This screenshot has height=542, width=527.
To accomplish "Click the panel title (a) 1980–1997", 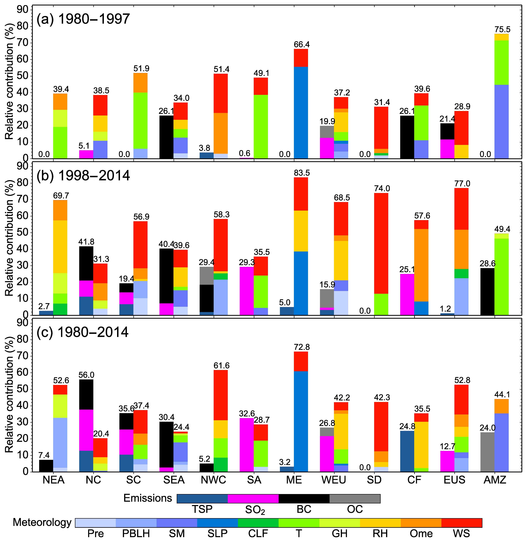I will [83, 19].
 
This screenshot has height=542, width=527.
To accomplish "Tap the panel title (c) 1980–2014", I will [82, 332].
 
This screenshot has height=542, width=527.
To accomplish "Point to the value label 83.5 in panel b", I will [302, 173].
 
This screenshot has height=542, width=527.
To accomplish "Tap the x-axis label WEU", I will [334, 480].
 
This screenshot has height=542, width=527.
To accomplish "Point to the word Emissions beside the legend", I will [148, 498].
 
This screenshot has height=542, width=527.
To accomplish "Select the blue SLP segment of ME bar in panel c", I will [301, 421].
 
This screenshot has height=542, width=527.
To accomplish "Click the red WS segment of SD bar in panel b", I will [381, 244].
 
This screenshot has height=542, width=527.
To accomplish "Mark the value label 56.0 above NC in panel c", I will [86, 375].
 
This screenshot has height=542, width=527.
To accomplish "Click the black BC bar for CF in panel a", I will [407, 137].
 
